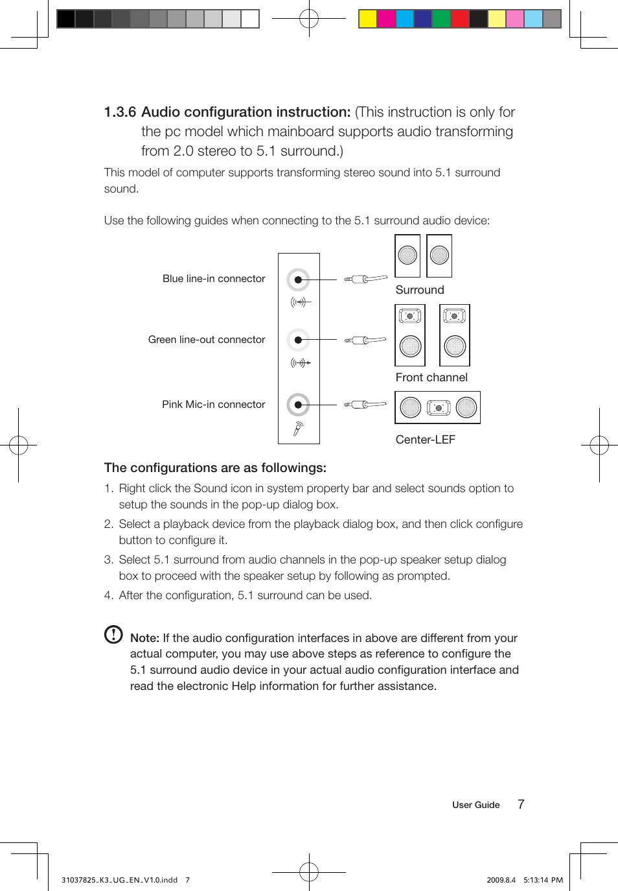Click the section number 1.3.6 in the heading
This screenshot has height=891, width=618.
click(120, 112)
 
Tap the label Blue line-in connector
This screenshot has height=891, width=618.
click(214, 279)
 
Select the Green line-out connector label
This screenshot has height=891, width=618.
click(207, 340)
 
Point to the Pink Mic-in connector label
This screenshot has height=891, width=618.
click(214, 405)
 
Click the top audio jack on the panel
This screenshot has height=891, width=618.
click(298, 280)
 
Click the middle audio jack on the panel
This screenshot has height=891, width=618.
click(298, 340)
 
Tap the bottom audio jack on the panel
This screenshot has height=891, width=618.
click(298, 405)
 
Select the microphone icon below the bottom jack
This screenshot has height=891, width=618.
click(298, 428)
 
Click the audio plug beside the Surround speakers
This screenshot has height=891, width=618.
click(365, 279)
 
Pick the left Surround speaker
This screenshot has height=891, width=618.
click(407, 256)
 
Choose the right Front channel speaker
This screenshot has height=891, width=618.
click(455, 335)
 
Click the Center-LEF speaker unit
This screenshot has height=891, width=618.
click(438, 407)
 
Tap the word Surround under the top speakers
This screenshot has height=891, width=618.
click(420, 291)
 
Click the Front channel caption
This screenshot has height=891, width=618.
click(431, 377)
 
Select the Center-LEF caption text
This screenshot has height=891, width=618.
click(425, 440)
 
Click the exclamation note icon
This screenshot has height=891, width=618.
click(113, 634)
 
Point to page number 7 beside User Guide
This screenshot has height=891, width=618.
click(521, 804)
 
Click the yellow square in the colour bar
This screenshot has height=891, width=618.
click(368, 19)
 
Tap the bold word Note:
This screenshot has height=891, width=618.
click(144, 638)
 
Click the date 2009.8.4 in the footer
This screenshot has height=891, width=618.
click(501, 880)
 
